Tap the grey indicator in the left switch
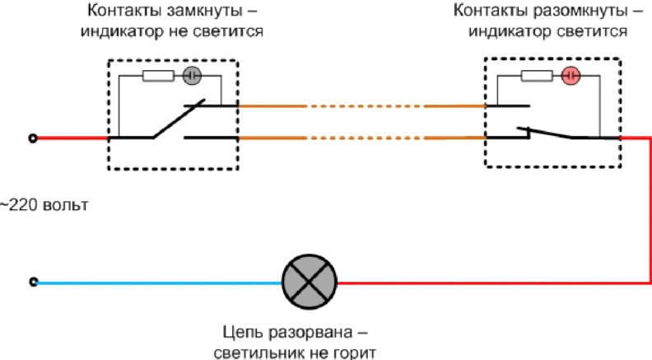(191, 77)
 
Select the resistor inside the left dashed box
(156, 77)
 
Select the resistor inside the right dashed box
(535, 77)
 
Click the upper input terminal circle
(33, 138)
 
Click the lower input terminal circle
(33, 283)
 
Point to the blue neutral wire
(156, 283)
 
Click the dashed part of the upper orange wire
(366, 106)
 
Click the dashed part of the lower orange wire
(366, 138)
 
